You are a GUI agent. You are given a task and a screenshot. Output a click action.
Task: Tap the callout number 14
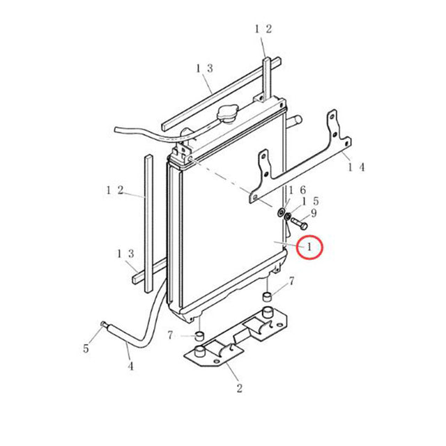(356, 167)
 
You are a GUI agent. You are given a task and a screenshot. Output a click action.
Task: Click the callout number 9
(314, 213)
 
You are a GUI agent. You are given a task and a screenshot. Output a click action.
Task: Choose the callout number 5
(86, 348)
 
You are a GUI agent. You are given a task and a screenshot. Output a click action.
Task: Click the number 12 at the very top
(263, 29)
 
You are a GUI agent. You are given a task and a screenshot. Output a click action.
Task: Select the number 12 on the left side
(115, 190)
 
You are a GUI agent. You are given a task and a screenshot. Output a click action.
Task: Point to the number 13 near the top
(203, 68)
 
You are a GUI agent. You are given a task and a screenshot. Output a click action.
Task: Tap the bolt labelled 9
(300, 225)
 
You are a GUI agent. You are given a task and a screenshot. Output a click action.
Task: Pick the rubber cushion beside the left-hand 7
(199, 338)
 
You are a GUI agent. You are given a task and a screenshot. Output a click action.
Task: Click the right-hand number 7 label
(291, 281)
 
